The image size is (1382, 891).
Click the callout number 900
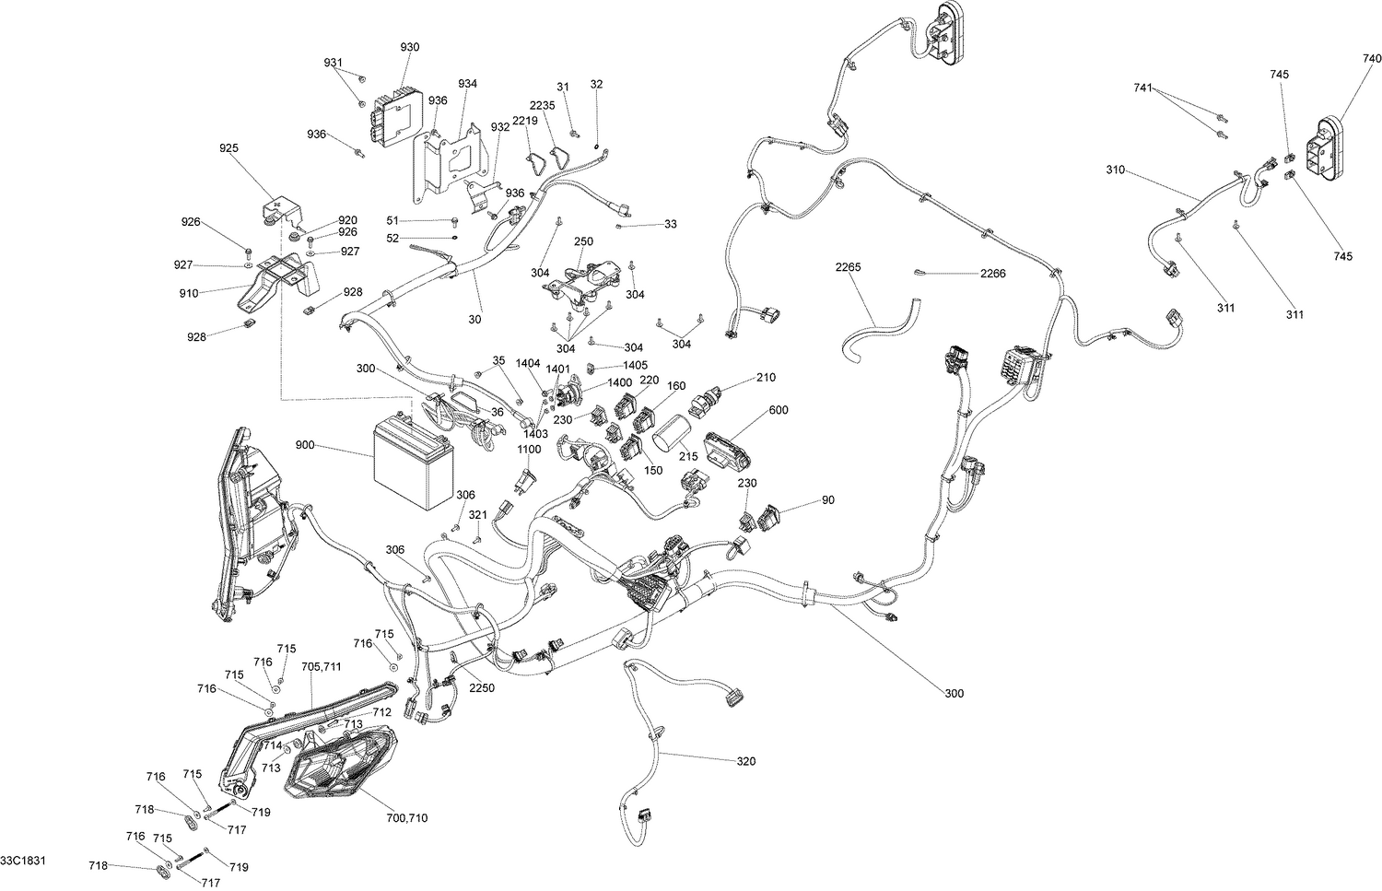[305, 445]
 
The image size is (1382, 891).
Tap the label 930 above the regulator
[409, 47]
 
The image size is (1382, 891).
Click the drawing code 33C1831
[24, 861]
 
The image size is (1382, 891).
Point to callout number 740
[1372, 58]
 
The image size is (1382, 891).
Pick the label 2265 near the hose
[847, 267]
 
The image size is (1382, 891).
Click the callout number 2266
[993, 273]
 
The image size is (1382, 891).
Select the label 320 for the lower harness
[745, 761]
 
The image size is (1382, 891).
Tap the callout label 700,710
[406, 817]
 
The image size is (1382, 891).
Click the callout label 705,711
[321, 666]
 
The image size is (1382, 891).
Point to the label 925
[228, 147]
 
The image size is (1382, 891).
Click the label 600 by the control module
[779, 411]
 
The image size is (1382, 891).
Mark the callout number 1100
[529, 449]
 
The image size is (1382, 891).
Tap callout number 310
[1116, 170]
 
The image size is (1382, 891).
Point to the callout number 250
[583, 240]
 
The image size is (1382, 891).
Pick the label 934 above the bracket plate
[467, 84]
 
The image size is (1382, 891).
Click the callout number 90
[827, 500]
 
